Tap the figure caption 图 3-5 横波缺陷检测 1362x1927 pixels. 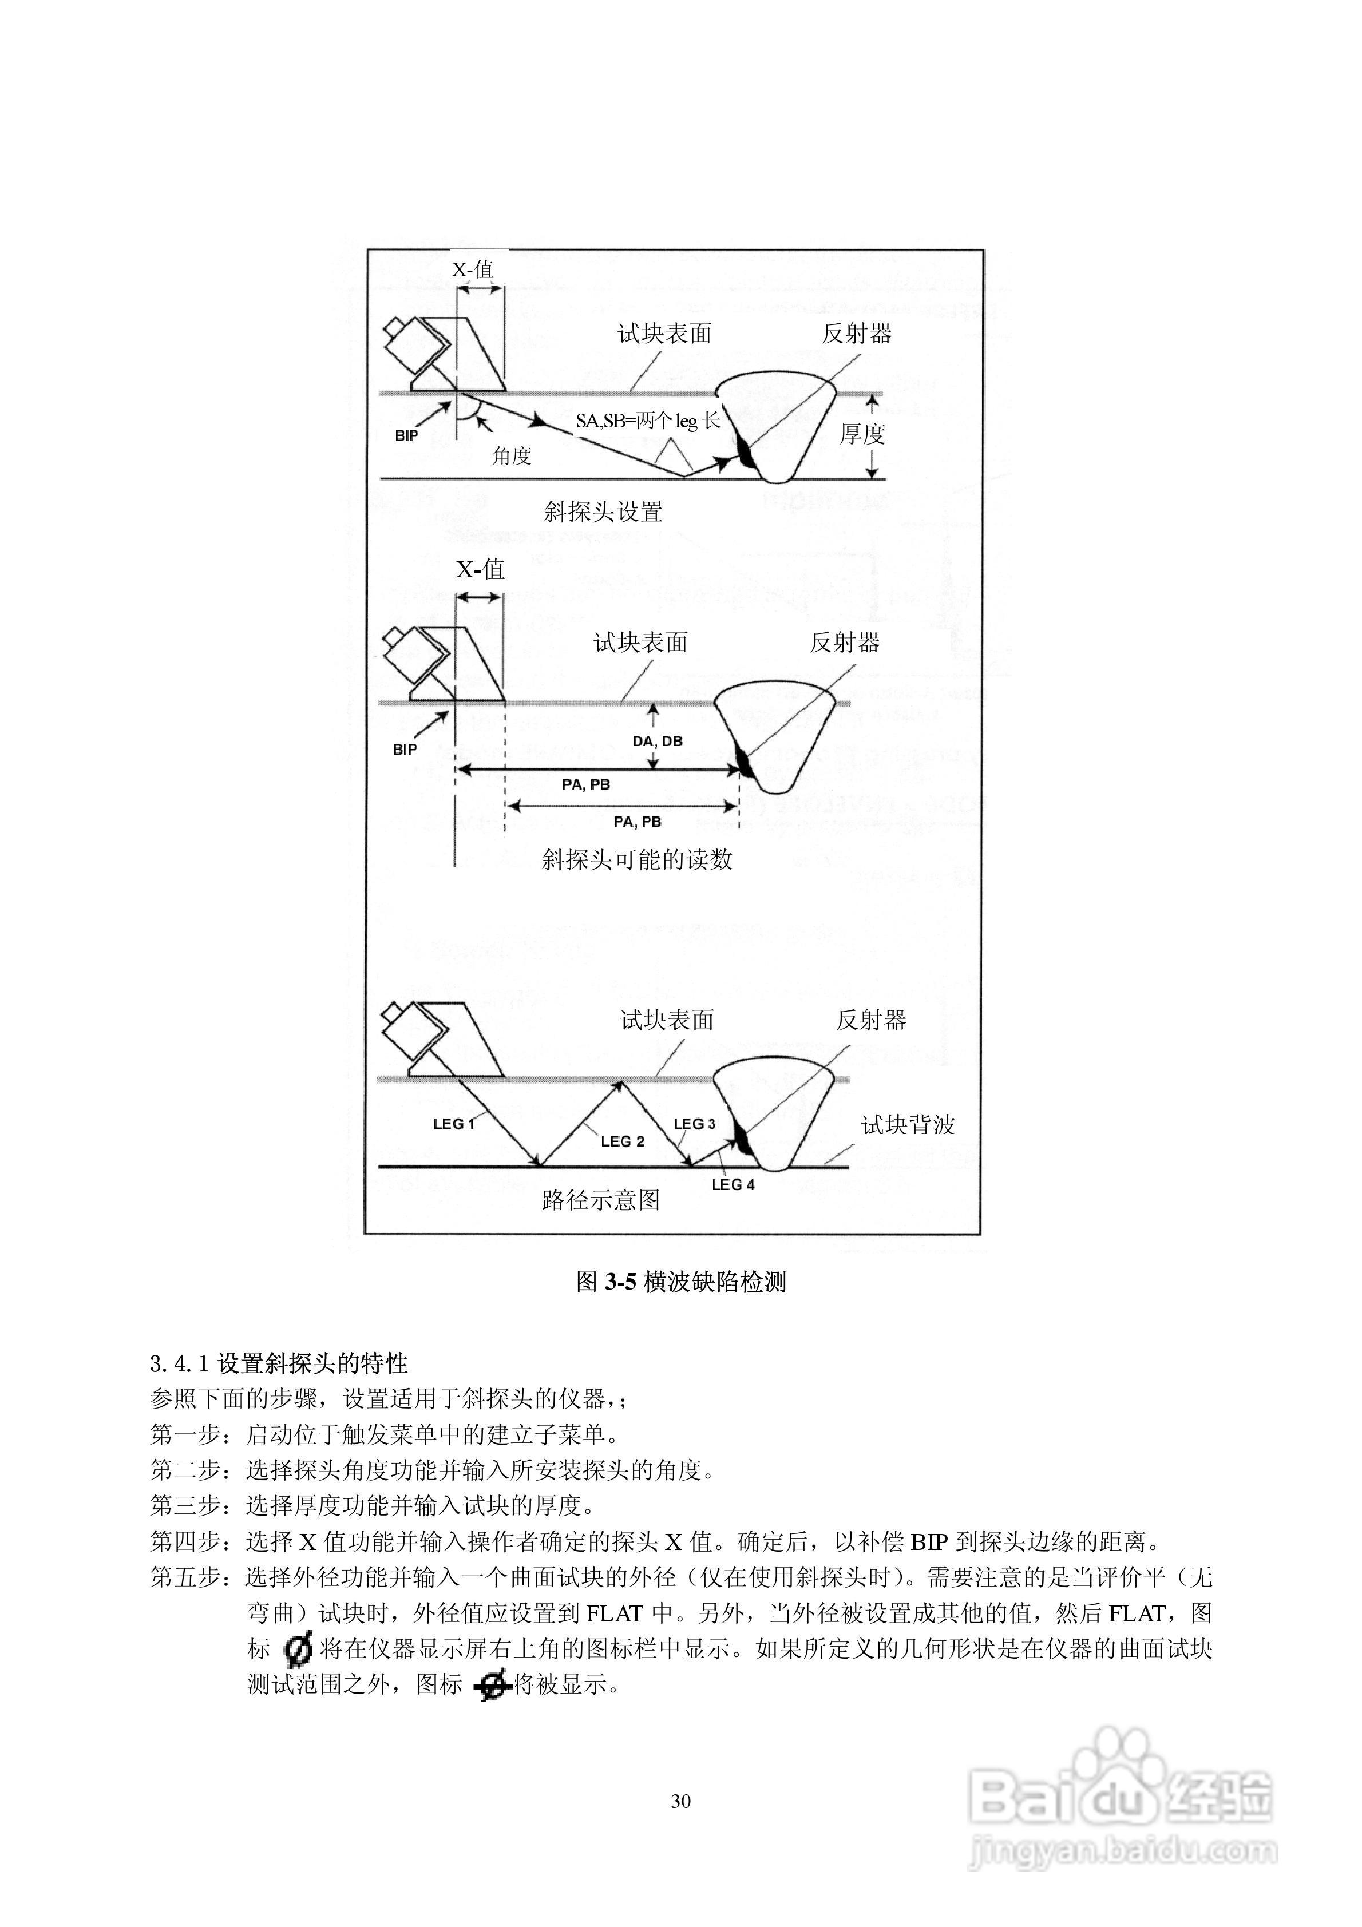click(x=681, y=1282)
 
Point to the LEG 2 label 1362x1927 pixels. click(x=622, y=1141)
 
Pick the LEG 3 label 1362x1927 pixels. click(x=694, y=1124)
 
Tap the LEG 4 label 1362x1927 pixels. click(x=733, y=1185)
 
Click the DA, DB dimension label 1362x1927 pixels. click(x=658, y=741)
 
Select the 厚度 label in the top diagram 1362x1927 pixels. click(x=862, y=434)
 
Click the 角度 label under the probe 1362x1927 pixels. click(x=512, y=456)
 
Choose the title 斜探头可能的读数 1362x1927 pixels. click(x=636, y=859)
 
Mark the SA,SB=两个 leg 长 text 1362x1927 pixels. click(x=647, y=421)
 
